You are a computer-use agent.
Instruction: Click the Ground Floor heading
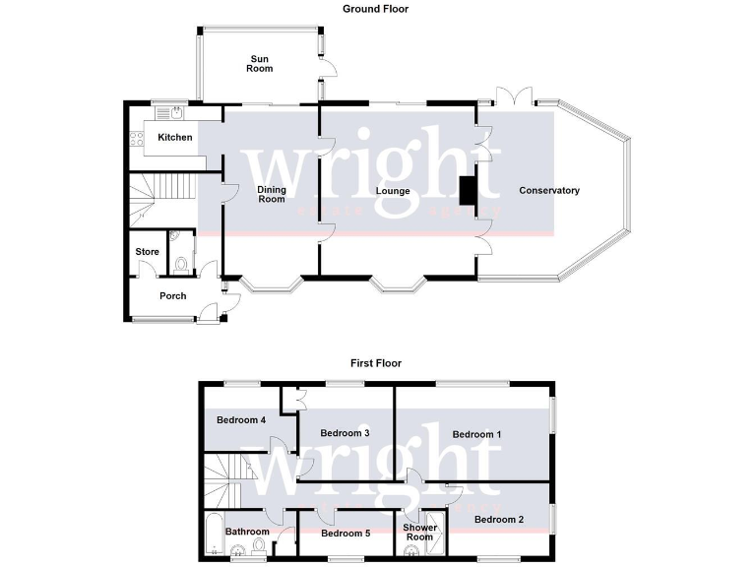point(375,9)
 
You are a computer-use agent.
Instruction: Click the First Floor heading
point(375,363)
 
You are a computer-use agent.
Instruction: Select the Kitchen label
point(175,137)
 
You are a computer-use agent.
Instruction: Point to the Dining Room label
point(272,194)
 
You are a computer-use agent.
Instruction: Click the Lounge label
point(393,190)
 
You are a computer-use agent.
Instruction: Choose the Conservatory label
point(549,190)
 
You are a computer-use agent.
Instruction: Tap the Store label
point(147,252)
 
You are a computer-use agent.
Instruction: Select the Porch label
point(173,295)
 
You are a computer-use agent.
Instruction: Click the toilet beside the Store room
point(180,264)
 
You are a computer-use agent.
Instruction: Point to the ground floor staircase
point(162,196)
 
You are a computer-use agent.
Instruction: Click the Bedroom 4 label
point(241,420)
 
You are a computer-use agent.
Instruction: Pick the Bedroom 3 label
point(345,433)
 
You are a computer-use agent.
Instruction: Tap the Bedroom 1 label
point(476,433)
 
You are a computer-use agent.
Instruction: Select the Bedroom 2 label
point(499,519)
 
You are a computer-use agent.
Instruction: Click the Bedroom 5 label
point(345,534)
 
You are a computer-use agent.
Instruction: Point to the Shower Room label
point(419,532)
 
